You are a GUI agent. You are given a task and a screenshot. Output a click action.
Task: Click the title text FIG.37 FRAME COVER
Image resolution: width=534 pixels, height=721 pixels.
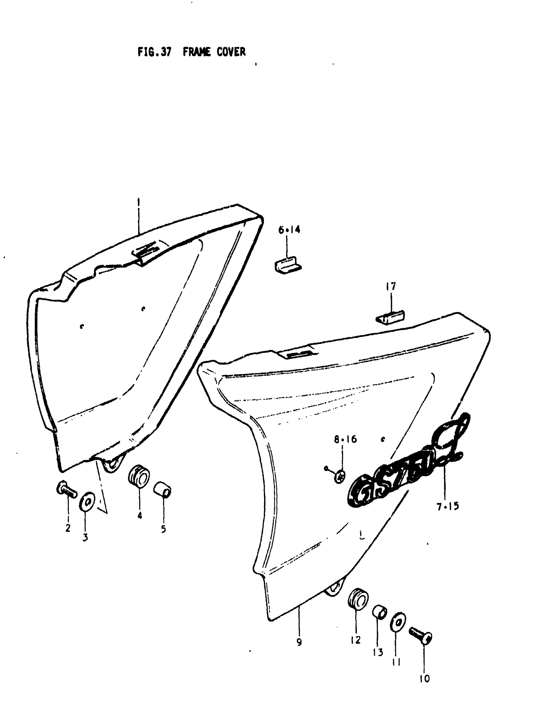click(191, 52)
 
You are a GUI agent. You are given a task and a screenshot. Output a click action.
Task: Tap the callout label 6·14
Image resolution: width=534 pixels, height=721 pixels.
click(289, 230)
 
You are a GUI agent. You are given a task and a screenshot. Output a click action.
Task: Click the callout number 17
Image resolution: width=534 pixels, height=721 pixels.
click(391, 287)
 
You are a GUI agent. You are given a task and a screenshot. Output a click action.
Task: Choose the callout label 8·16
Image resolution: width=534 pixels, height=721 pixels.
click(345, 439)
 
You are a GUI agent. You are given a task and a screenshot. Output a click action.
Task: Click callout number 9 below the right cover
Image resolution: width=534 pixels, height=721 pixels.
click(299, 642)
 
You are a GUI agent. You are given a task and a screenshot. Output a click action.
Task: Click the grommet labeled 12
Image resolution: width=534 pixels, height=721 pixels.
click(358, 598)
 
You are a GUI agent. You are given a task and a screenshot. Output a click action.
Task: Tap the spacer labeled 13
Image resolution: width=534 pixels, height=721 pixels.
click(379, 612)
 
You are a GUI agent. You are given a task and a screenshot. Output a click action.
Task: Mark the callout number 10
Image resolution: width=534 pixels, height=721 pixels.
click(424, 679)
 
